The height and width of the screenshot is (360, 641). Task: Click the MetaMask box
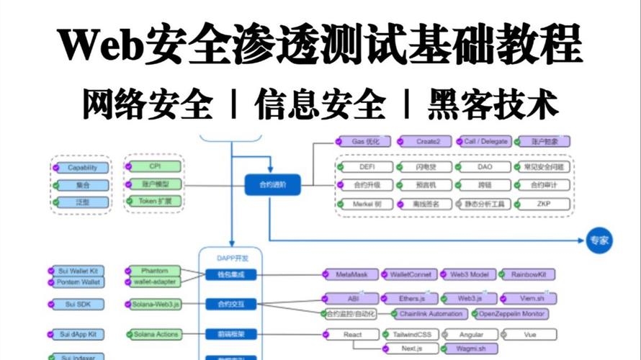352,274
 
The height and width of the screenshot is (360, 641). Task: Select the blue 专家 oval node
599,241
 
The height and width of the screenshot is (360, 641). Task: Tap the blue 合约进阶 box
272,185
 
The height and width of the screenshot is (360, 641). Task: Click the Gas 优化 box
366,142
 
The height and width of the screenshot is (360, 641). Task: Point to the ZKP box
542,204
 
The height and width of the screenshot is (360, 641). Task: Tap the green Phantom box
154,270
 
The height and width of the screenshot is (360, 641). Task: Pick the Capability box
82,168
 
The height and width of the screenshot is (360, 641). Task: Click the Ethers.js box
408,298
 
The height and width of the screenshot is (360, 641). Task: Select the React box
352,334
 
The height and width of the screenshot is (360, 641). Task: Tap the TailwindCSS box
411,334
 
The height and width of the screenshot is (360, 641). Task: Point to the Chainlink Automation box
430,314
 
